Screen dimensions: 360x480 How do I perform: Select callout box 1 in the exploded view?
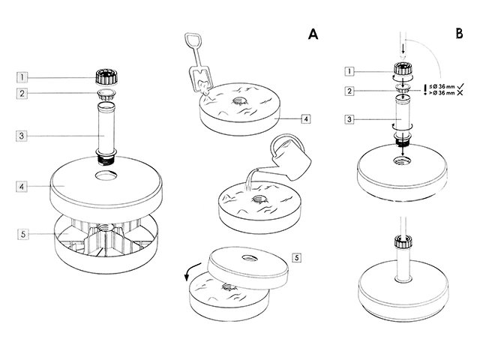pyautogui.click(x=24, y=76)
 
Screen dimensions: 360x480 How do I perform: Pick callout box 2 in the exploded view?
pyautogui.click(x=24, y=94)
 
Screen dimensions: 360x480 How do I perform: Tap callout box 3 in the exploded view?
pyautogui.click(x=24, y=136)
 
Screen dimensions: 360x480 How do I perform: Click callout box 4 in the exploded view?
pyautogui.click(x=24, y=184)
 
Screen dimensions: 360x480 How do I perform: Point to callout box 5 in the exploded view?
pyautogui.click(x=24, y=234)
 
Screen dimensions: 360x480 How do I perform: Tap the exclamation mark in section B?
pyautogui.click(x=425, y=89)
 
